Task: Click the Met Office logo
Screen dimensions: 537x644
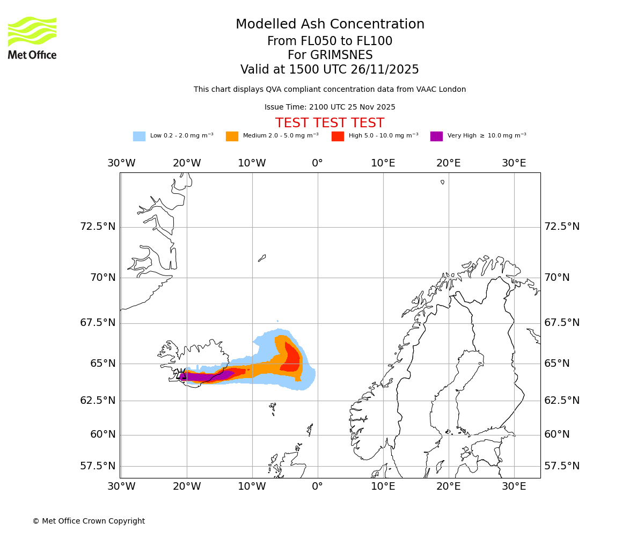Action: pyautogui.click(x=32, y=38)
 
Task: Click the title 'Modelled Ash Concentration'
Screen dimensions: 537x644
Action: pyautogui.click(x=330, y=25)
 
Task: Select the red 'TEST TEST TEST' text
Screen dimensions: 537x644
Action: pyautogui.click(x=330, y=123)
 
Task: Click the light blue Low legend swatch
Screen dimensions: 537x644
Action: pyautogui.click(x=139, y=136)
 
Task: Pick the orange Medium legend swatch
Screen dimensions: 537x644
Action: pyautogui.click(x=232, y=136)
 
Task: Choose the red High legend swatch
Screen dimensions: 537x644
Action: pyautogui.click(x=338, y=136)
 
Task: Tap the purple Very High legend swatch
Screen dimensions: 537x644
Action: pyautogui.click(x=436, y=136)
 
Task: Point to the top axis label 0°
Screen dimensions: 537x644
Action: pyautogui.click(x=318, y=163)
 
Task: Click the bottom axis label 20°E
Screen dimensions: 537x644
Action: pyautogui.click(x=448, y=487)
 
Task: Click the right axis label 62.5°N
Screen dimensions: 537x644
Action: pyautogui.click(x=562, y=401)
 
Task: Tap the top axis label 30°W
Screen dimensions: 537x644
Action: pyautogui.click(x=121, y=163)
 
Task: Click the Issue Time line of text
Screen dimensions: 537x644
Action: pyautogui.click(x=330, y=107)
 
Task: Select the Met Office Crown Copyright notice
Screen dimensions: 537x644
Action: pyautogui.click(x=89, y=521)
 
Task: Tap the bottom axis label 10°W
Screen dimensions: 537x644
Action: pyautogui.click(x=252, y=487)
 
